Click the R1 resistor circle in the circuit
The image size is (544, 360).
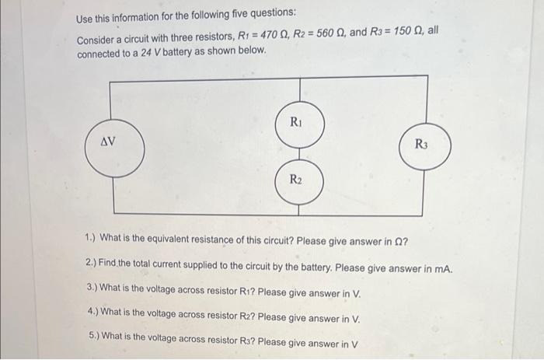coord(295,122)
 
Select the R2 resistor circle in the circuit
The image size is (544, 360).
coord(295,180)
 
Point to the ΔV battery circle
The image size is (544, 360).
coord(109,143)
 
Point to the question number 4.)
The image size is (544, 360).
coord(94,316)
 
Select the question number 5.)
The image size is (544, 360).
coord(94,341)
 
